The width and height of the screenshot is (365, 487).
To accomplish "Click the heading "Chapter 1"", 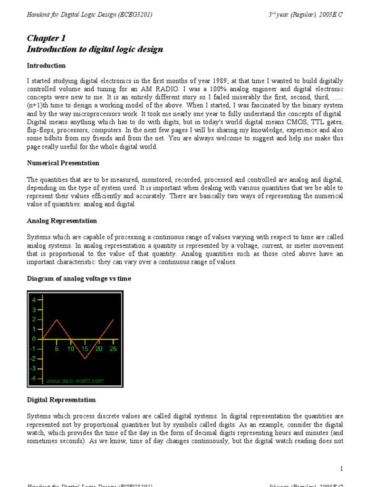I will (x=46, y=38).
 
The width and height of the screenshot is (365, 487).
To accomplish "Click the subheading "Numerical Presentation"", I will (x=63, y=163).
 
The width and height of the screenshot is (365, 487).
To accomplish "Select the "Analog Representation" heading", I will (x=62, y=221).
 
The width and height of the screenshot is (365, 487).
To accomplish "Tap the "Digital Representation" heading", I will (x=61, y=400).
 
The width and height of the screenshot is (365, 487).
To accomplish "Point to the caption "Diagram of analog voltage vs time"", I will (x=78, y=279).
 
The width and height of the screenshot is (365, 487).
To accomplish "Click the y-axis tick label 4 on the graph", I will (x=34, y=300).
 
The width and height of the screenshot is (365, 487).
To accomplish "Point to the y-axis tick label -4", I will (x=33, y=379).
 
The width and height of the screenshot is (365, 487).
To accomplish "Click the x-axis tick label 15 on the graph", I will (x=85, y=349).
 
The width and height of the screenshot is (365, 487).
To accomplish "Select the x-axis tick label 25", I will (x=113, y=349).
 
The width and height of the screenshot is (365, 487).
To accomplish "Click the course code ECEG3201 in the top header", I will (x=135, y=15).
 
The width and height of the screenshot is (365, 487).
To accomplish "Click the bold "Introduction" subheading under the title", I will (x=46, y=66).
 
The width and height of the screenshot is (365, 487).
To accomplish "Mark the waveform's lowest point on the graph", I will (x=85, y=359).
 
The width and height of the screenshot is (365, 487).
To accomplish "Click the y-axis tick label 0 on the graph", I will (x=34, y=339).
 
